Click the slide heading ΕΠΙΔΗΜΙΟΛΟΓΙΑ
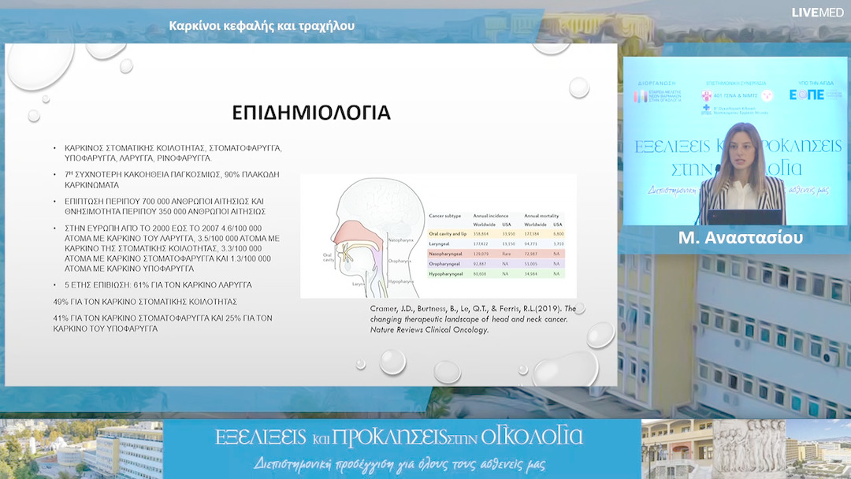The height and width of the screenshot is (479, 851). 311,113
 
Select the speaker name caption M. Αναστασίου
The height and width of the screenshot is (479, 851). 741,238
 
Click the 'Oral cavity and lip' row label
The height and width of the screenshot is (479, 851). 447,234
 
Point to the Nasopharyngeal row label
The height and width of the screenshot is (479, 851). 445,255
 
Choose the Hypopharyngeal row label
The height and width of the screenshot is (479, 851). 445,274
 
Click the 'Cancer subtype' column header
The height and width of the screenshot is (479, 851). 446,214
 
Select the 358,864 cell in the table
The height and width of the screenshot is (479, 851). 480,234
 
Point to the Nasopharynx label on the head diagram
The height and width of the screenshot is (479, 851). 400,238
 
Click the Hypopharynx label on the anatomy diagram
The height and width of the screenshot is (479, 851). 402,281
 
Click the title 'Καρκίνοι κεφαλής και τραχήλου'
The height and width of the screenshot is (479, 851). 262,25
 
